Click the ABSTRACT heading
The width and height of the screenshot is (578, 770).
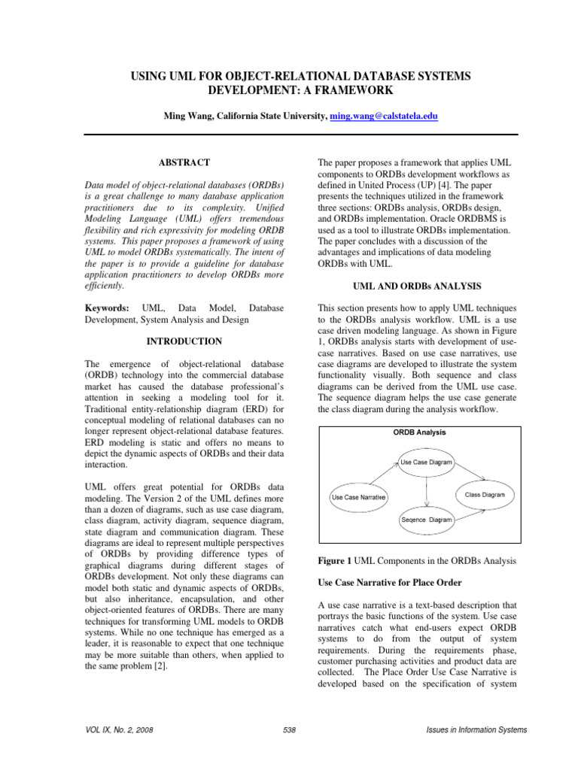click(x=184, y=162)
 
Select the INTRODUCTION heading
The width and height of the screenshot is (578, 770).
click(x=184, y=341)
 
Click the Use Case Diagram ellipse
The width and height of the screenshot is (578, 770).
click(x=427, y=463)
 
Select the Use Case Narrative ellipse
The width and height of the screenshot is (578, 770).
click(x=359, y=498)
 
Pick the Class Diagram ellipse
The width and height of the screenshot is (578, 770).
click(x=484, y=495)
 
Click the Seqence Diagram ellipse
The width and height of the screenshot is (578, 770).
click(x=426, y=520)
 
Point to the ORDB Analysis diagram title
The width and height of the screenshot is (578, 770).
click(x=419, y=432)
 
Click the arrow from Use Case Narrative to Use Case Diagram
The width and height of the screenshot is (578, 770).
click(x=384, y=477)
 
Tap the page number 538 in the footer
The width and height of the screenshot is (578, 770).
click(x=289, y=730)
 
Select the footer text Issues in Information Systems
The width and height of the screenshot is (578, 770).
click(x=476, y=730)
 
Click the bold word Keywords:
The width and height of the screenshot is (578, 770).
click(x=106, y=309)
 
